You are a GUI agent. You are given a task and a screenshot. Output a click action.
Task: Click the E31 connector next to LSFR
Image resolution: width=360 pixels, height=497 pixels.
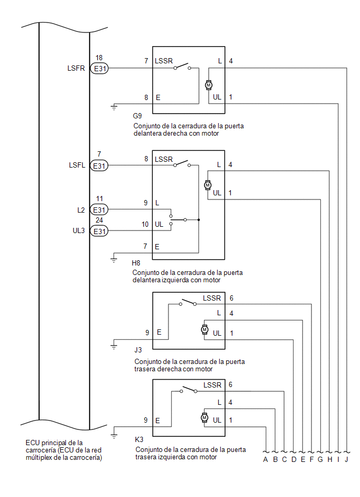pos(99,68)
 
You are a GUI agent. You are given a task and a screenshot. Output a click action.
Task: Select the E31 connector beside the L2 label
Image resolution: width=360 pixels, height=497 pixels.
pos(99,210)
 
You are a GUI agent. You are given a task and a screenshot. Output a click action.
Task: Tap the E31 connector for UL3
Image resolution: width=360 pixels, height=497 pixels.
pos(99,231)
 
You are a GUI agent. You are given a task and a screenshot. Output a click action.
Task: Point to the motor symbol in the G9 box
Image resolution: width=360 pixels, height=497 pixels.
pos(208,84)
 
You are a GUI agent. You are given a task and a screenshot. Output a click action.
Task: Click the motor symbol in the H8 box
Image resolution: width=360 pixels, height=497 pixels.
pos(207,185)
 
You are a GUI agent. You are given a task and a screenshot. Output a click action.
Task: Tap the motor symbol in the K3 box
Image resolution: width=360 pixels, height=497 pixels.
pos(204,417)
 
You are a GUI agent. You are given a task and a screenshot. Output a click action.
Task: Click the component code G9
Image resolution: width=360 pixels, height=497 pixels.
pos(138,116)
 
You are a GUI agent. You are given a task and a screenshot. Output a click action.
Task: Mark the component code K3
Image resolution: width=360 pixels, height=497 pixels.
pos(139,439)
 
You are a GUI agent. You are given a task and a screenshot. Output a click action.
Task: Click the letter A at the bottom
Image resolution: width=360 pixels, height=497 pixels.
pos(266,460)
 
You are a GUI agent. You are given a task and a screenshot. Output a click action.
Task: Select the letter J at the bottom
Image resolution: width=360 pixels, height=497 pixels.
pos(347,460)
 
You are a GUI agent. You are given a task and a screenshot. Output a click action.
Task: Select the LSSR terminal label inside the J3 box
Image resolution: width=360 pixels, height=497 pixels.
pos(212,298)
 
